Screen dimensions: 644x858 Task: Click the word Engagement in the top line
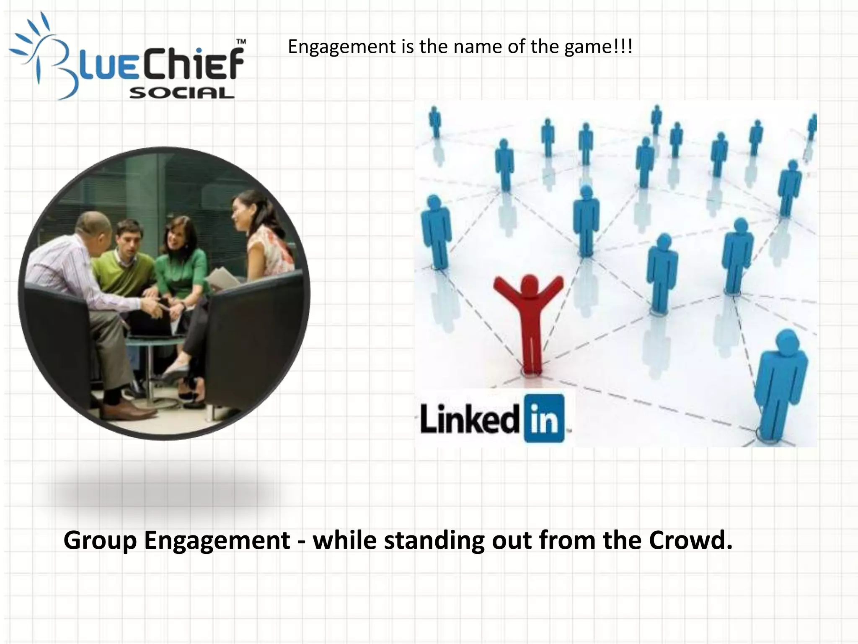341,47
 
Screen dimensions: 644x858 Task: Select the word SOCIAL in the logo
181,93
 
